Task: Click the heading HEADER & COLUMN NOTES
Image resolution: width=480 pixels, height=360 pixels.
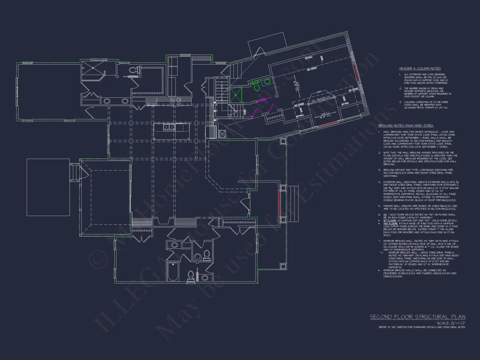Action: pos(419,69)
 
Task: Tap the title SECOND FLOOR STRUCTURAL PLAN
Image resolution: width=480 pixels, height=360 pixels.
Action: pos(417,317)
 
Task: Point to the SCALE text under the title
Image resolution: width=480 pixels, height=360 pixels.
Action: pos(451,323)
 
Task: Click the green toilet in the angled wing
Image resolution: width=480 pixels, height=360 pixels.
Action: pos(257,88)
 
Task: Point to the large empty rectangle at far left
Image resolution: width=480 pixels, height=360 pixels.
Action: pos(48,187)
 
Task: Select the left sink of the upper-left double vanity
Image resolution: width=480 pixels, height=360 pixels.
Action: pos(107,101)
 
